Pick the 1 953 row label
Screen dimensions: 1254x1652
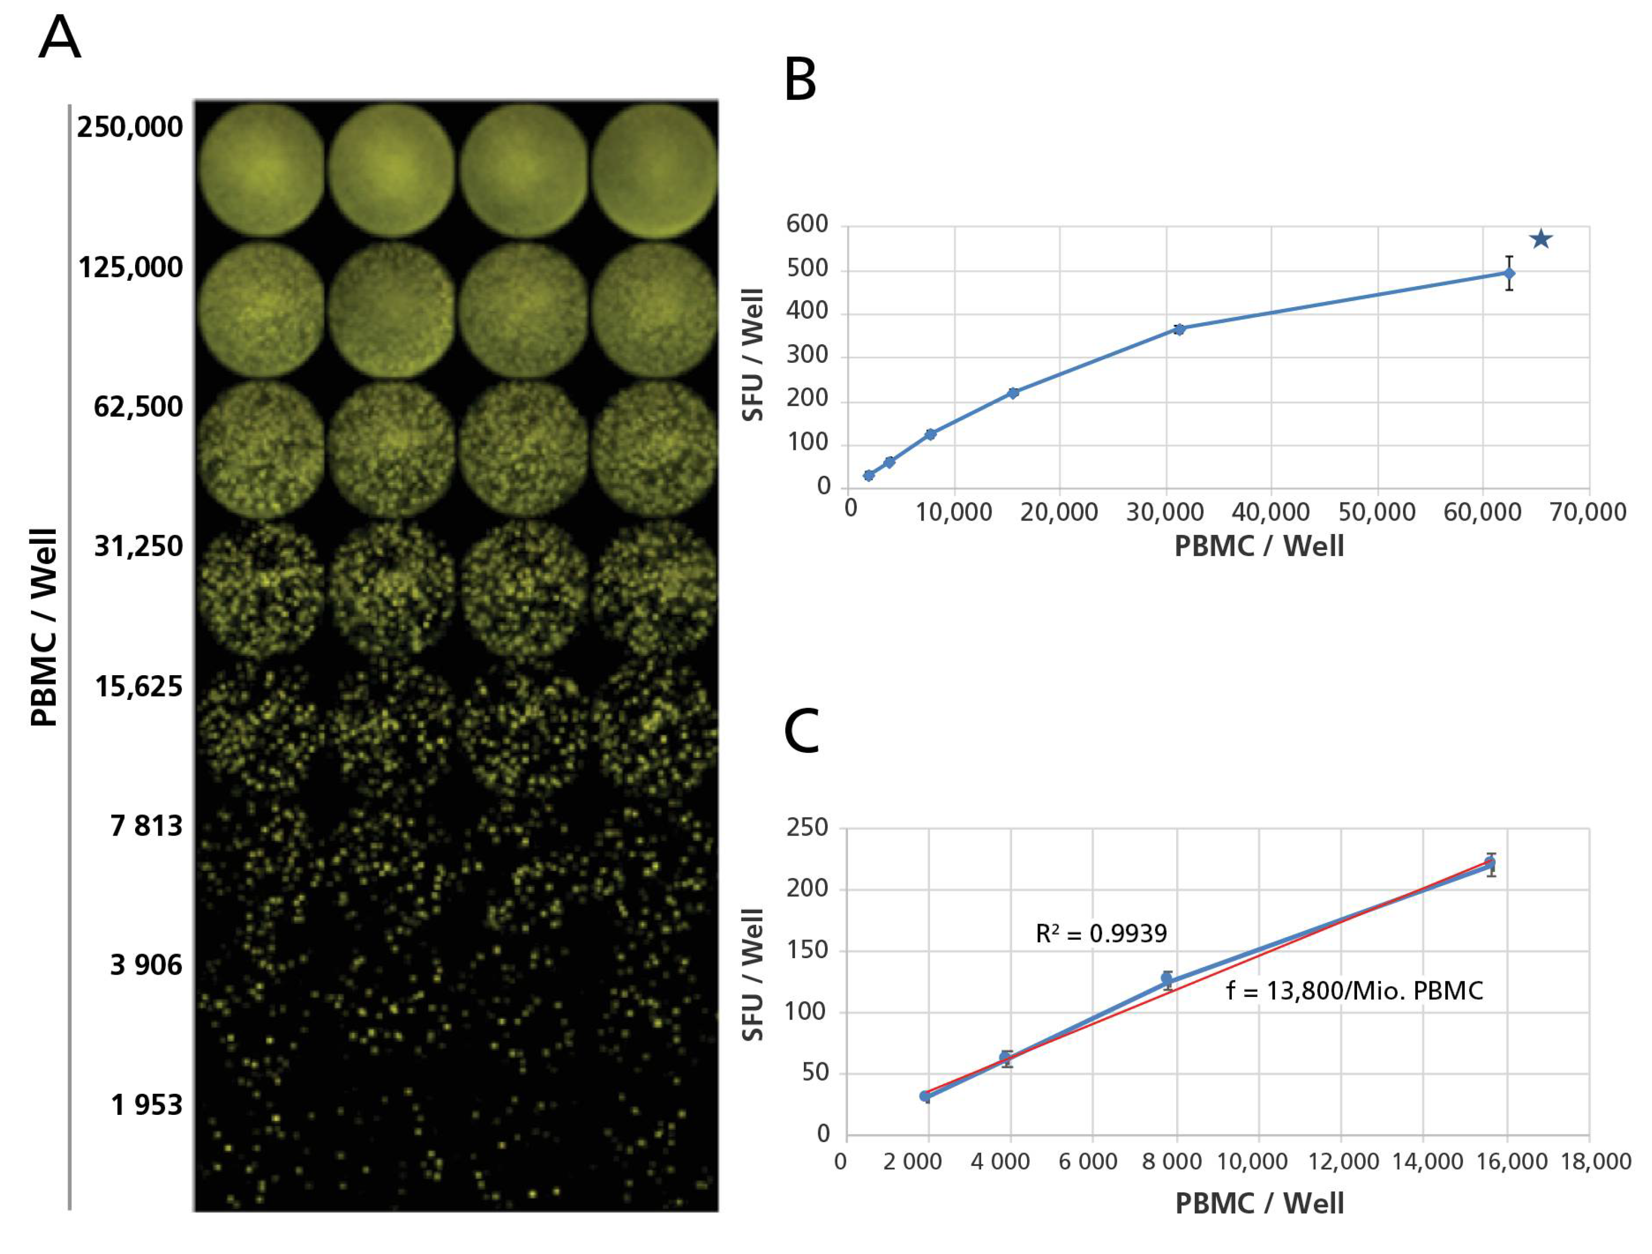[146, 1105]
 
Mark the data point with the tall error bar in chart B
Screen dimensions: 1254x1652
[1509, 273]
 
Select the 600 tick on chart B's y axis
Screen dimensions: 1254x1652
[807, 224]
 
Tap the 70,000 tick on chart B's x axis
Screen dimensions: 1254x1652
[1588, 512]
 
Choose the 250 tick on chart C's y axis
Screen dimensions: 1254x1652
[807, 828]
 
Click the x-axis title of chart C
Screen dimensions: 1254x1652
[1259, 1203]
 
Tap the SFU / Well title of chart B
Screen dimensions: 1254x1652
[753, 355]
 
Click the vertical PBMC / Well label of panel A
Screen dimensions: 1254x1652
[43, 627]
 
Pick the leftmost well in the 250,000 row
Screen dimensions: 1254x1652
[261, 170]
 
